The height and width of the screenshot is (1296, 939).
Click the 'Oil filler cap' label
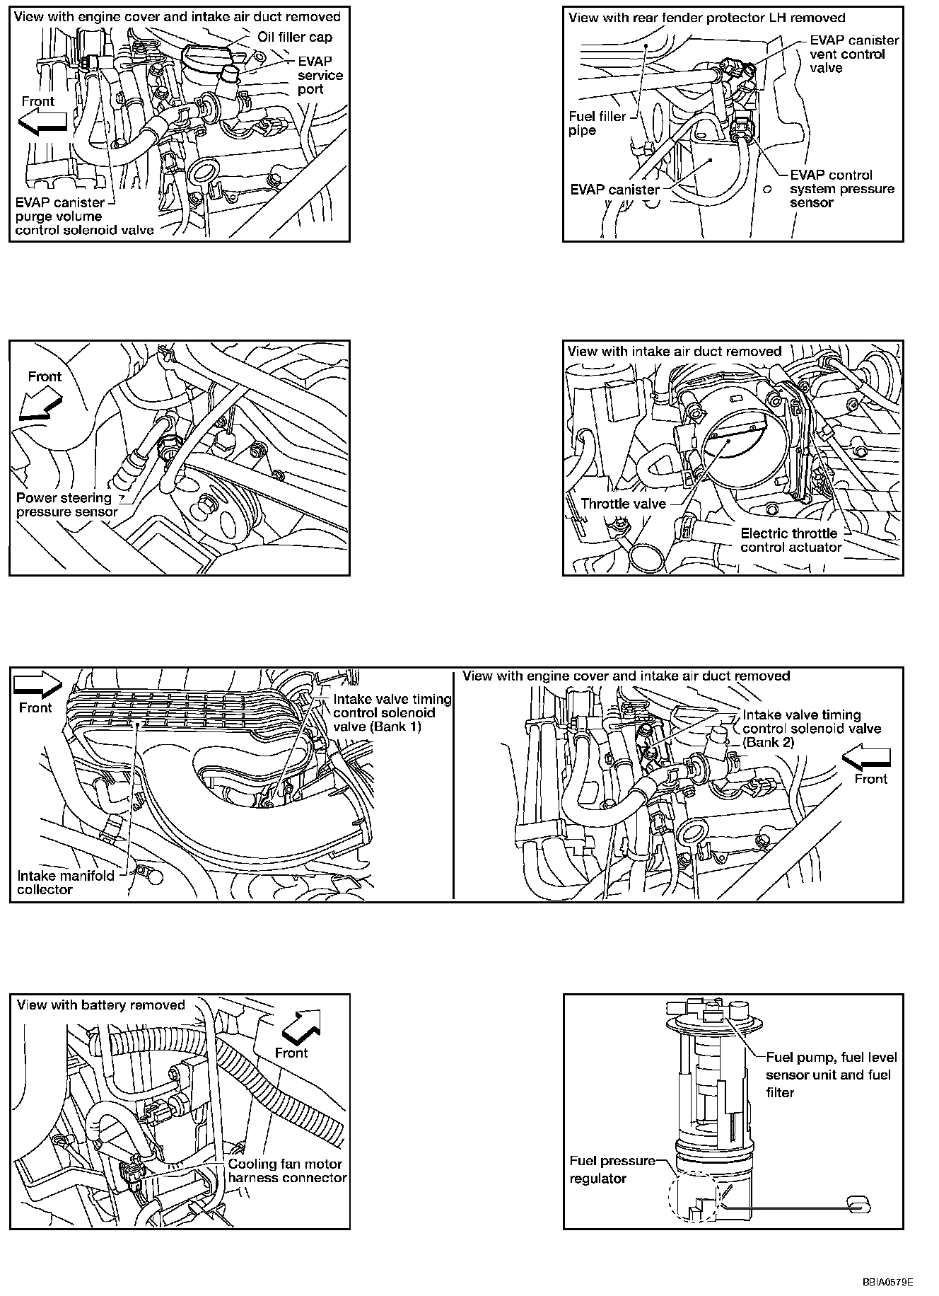(295, 37)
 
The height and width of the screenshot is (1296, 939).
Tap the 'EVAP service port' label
(320, 75)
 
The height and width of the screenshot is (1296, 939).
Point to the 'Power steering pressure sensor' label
(66, 504)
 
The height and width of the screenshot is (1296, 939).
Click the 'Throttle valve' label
(623, 504)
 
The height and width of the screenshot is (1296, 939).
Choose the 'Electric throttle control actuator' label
(791, 540)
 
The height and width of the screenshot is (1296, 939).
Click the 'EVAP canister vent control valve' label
(853, 54)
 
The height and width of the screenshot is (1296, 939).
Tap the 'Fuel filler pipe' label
(597, 124)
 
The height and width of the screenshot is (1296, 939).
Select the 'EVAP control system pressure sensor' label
(841, 189)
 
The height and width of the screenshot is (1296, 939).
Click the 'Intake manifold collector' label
(65, 882)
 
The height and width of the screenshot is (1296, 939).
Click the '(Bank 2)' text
(768, 742)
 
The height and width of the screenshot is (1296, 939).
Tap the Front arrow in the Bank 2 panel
(865, 759)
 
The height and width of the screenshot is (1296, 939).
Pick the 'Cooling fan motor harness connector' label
(287, 1171)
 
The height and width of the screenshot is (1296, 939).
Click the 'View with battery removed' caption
(100, 1005)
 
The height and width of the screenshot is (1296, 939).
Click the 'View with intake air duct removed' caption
(674, 351)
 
